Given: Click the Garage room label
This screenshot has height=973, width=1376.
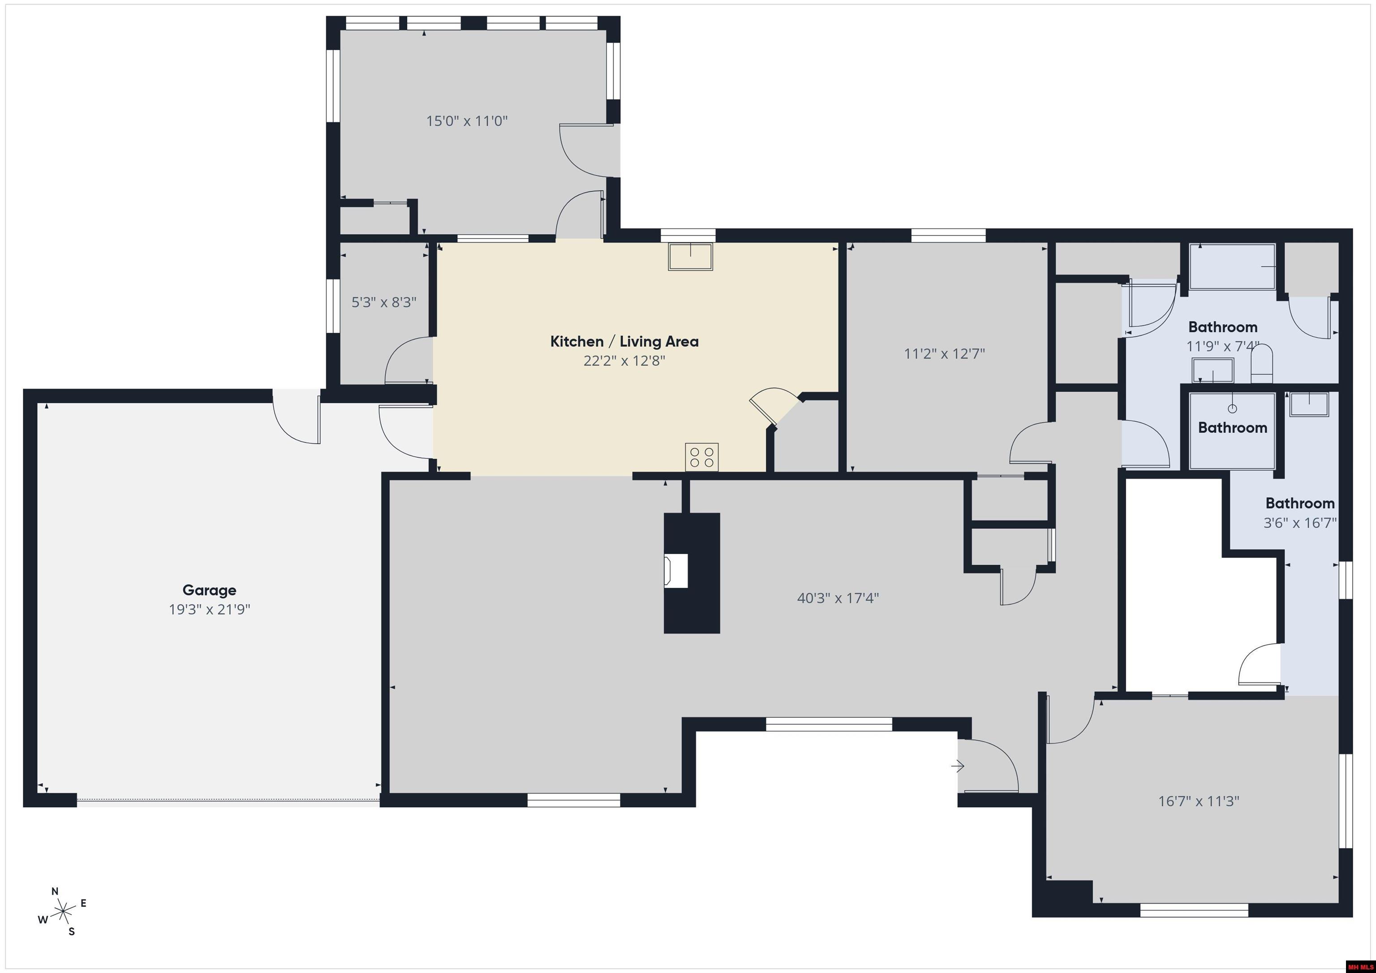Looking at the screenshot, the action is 209,591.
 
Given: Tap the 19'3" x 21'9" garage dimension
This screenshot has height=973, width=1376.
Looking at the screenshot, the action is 209,610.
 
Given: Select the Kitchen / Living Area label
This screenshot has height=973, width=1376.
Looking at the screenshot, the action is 624,342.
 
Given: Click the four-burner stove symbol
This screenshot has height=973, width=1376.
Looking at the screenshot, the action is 702,457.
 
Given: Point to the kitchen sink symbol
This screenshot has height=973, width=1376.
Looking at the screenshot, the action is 690,257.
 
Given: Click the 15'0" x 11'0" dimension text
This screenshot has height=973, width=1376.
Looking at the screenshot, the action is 467,121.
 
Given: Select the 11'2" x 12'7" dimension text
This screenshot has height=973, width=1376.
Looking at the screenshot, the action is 945,353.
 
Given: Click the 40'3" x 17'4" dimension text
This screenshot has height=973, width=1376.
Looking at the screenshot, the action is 838,598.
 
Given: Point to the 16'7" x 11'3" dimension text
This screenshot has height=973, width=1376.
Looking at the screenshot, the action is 1199,801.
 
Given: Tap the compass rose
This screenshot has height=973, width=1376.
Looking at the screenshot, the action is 63,912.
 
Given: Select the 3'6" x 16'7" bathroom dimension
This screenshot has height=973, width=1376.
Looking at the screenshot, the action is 1300,523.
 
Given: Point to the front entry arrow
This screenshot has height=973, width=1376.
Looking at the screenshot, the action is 958,766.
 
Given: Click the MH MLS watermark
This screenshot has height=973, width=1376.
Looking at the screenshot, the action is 1359,966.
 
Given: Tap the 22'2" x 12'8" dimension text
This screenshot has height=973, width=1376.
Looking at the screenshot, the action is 624,361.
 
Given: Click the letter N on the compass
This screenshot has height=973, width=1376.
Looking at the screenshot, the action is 55,891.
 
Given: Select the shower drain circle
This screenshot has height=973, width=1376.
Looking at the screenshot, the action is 1232,409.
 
